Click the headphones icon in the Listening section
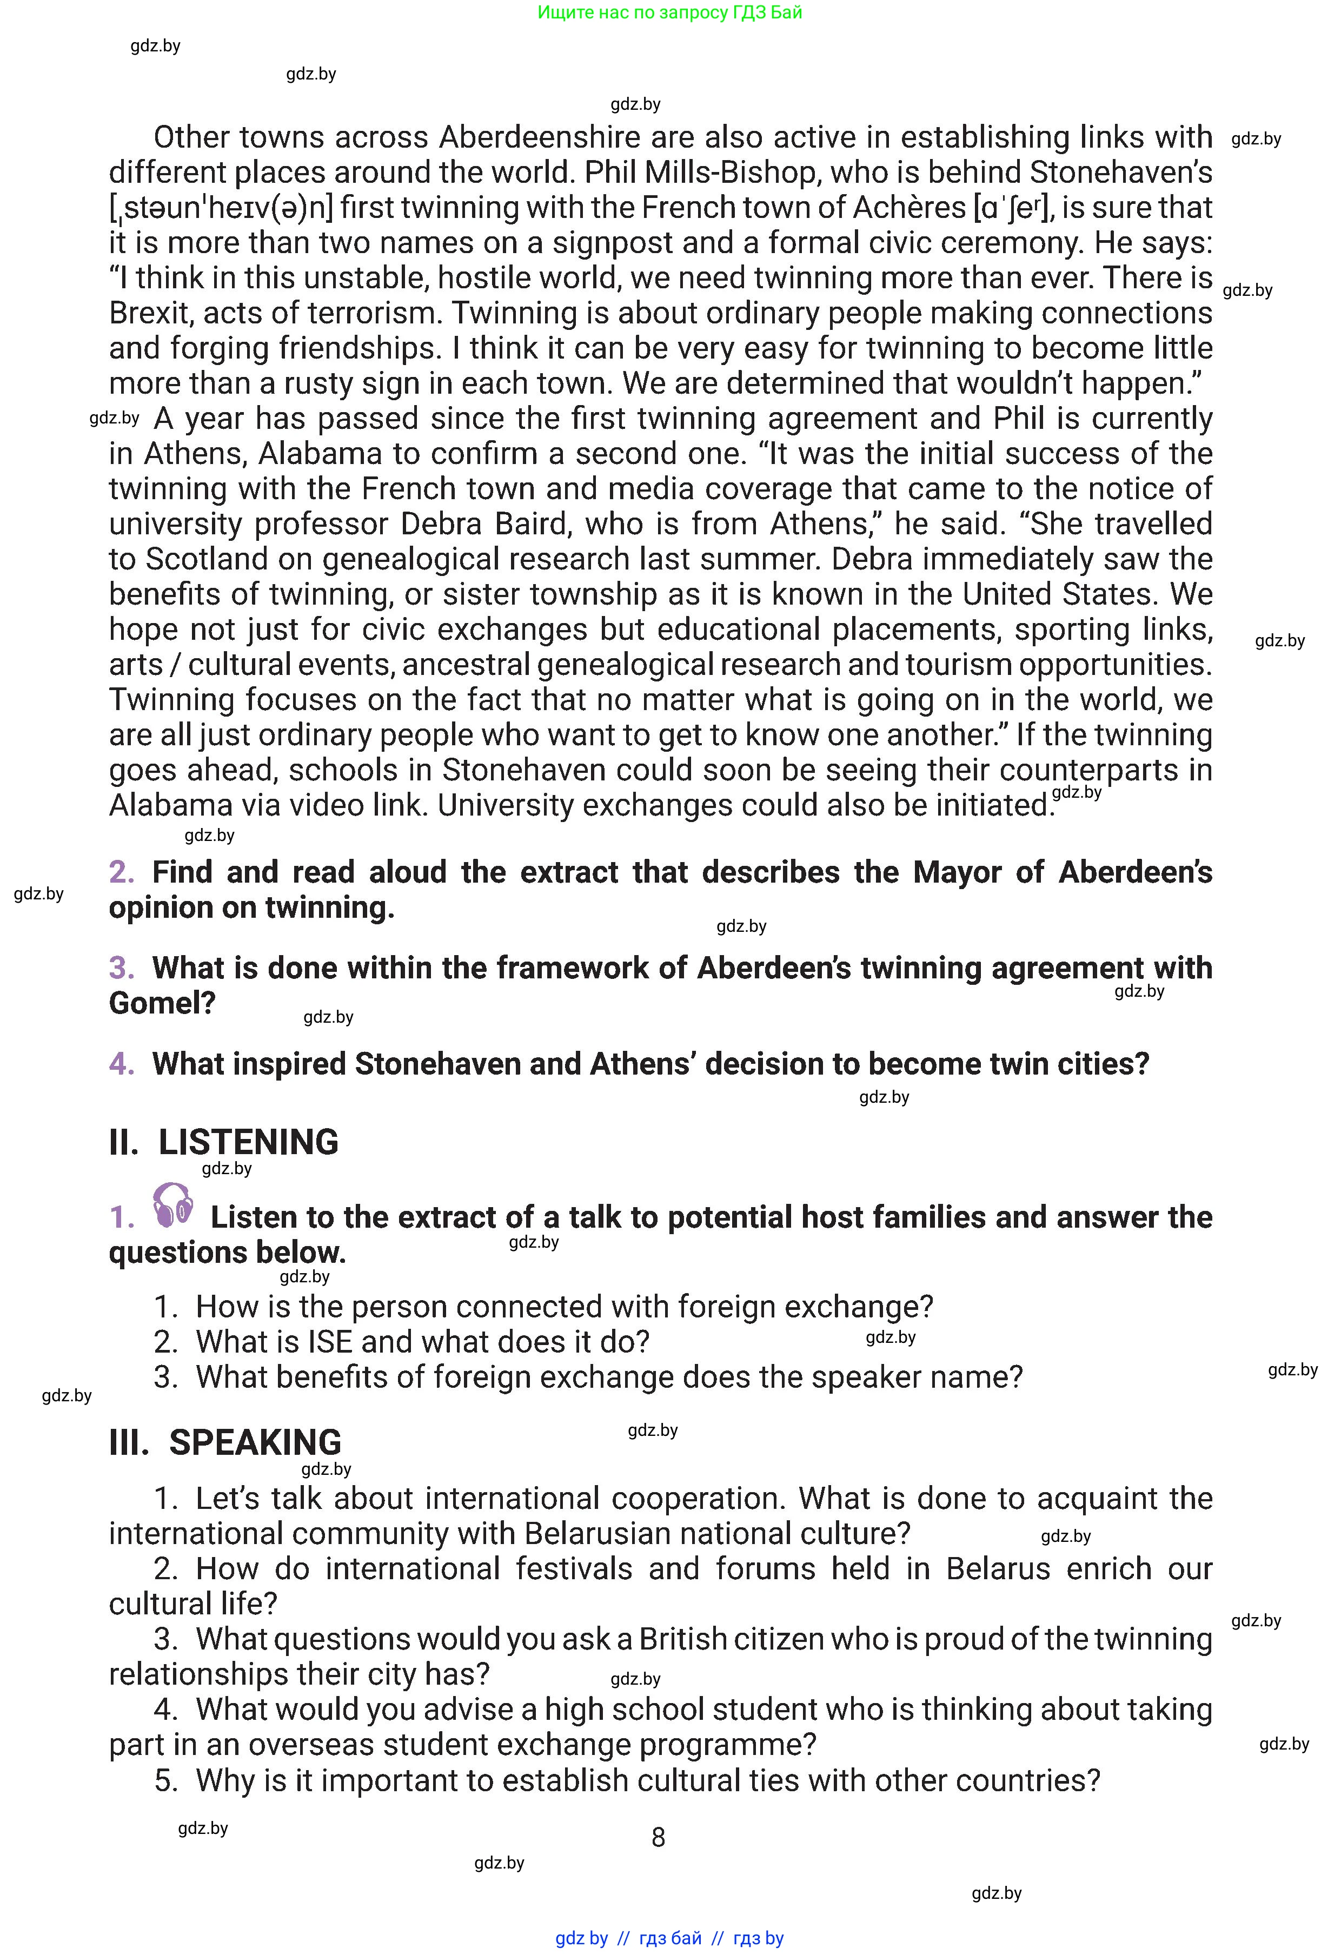click(x=173, y=1205)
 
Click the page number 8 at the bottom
click(x=658, y=1838)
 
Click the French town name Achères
click(x=909, y=208)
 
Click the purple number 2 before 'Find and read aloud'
click(x=121, y=872)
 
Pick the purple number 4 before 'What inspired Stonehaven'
click(x=121, y=1064)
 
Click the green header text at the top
click(x=669, y=12)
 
